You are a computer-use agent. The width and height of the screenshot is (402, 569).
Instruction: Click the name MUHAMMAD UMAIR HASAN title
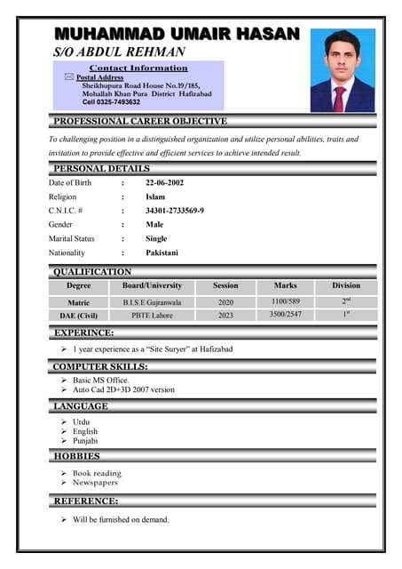tap(177, 34)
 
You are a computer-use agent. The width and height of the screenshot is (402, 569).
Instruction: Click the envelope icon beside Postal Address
tap(69, 78)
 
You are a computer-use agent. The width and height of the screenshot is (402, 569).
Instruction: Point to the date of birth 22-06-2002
tap(165, 182)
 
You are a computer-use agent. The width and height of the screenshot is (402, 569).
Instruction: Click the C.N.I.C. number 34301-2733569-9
tap(175, 211)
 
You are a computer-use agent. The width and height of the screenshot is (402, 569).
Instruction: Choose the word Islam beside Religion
tap(155, 196)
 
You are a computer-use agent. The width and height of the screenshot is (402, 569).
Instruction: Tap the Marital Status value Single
tap(156, 238)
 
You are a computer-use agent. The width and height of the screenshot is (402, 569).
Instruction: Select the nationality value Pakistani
tap(162, 252)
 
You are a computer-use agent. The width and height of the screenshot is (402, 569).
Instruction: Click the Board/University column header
tap(152, 285)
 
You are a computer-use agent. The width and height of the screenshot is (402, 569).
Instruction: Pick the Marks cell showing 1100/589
tap(285, 302)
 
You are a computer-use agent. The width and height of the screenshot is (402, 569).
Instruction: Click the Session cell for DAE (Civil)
tap(225, 315)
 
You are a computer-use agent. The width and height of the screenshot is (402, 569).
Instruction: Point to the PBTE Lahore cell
tap(152, 315)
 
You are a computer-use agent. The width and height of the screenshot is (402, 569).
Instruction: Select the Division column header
tap(346, 285)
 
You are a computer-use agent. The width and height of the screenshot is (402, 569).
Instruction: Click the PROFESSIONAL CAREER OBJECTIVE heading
tap(140, 121)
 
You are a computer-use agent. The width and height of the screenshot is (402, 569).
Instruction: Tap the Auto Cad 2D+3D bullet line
tap(123, 389)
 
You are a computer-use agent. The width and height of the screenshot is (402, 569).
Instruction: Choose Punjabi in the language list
tap(85, 441)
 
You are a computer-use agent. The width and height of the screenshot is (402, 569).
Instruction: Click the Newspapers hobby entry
tap(95, 483)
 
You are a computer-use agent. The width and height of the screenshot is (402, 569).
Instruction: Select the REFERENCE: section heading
tap(86, 501)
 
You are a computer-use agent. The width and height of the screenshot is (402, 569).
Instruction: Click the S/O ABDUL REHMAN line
tap(120, 52)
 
